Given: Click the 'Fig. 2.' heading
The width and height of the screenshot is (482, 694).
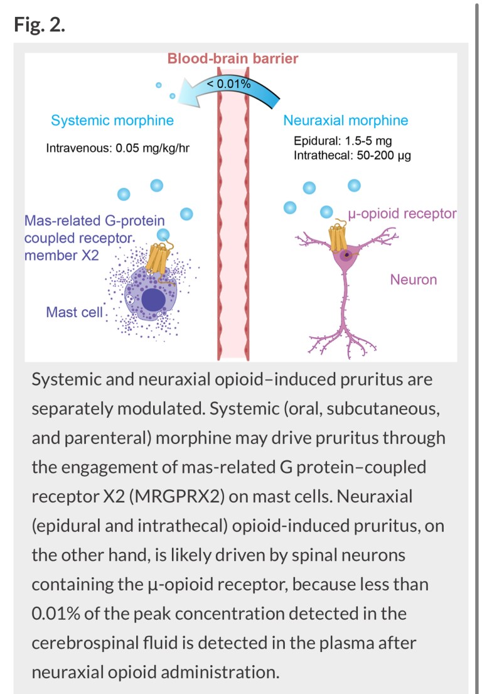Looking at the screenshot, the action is [x=40, y=24].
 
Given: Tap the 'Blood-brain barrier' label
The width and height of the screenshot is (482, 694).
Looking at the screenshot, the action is [x=233, y=58].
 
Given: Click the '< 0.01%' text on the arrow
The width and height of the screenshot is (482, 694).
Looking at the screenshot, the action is [x=228, y=83].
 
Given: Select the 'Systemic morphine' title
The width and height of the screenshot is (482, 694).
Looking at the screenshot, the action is [x=112, y=121].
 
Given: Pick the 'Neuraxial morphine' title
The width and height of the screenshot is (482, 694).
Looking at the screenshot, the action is [x=346, y=121].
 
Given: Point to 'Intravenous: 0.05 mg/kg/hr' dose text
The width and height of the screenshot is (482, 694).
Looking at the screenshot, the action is [x=117, y=148].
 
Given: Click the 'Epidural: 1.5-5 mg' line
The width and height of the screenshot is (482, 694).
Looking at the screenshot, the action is [x=343, y=141].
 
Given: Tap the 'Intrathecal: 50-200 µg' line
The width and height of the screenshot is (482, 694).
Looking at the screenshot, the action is [x=352, y=156].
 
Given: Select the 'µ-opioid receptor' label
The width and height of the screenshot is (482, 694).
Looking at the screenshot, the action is [x=402, y=214].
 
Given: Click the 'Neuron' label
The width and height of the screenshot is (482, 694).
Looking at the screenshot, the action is [x=414, y=279].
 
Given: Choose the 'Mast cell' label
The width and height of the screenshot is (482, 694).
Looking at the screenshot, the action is [x=74, y=312].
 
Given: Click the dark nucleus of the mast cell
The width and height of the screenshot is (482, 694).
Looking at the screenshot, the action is [x=153, y=300].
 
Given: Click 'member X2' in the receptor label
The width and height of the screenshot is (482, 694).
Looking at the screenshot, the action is [x=62, y=256].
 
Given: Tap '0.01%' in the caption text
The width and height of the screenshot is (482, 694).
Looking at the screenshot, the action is [x=55, y=614].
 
